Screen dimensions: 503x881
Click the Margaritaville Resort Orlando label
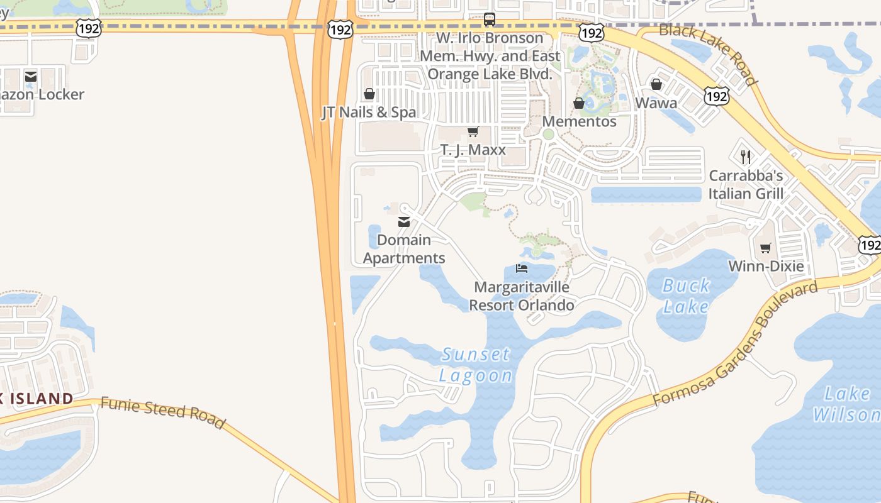tap(522, 296)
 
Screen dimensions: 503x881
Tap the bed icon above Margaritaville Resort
tap(522, 268)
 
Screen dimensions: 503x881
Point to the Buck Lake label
tap(686, 296)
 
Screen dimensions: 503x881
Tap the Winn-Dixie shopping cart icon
tap(765, 248)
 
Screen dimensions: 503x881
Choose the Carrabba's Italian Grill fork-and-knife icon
tap(746, 157)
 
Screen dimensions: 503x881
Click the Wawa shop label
tap(656, 103)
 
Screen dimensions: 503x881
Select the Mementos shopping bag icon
tap(579, 103)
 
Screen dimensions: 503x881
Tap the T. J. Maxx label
tap(473, 150)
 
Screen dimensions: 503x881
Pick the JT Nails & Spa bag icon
tap(369, 94)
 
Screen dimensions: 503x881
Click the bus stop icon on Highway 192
tap(490, 19)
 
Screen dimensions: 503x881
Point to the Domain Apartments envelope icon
tap(404, 221)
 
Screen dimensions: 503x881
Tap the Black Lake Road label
tap(708, 54)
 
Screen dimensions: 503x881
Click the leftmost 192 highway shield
tap(88, 28)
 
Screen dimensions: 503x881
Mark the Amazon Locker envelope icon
tap(31, 77)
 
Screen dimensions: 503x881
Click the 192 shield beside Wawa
tap(716, 96)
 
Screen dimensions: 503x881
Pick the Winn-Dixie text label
tap(765, 266)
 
